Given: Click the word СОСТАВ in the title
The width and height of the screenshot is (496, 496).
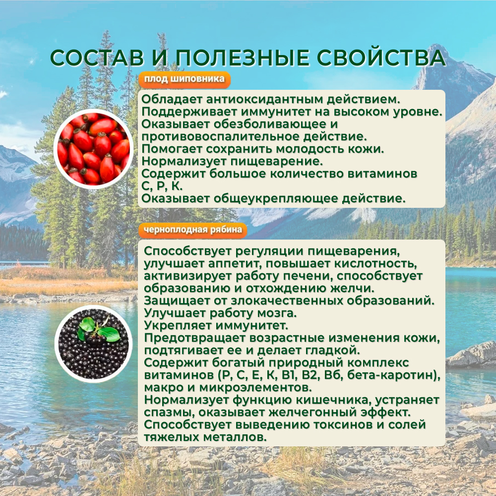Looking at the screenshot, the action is (97, 58).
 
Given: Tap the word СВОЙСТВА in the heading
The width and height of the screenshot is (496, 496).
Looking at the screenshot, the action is (381, 58).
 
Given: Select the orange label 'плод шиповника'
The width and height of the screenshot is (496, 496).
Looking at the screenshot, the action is (185, 79).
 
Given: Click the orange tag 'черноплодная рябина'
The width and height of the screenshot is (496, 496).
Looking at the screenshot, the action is (192, 230).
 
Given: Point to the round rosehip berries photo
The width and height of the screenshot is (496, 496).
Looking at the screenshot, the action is (93, 149).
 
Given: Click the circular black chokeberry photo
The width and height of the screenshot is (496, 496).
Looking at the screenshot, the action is (94, 344).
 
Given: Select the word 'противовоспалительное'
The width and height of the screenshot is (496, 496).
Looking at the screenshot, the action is (221, 137).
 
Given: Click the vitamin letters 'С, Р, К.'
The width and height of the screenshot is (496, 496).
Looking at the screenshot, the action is (162, 186).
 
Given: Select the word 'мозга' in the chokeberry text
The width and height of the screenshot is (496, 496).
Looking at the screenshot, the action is (277, 313).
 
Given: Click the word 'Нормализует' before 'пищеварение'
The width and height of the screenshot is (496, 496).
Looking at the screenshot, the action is (184, 161).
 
